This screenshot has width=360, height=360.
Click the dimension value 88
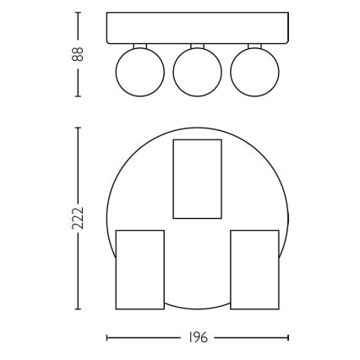click(77, 54)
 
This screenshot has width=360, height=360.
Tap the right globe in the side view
click(254, 70)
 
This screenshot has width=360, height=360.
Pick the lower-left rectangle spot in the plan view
click(139, 270)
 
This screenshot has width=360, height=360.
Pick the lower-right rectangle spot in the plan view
click(254, 270)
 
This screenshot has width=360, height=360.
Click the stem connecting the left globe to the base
click(138, 45)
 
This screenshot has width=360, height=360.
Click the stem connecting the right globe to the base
click(254, 45)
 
